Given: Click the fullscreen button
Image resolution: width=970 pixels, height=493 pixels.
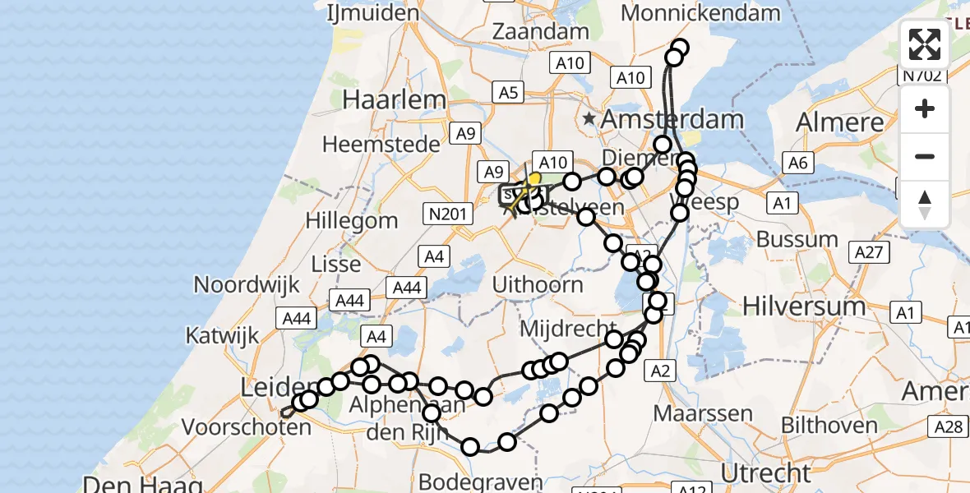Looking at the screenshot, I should click(925, 44).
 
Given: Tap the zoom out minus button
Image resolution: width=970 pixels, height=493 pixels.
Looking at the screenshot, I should click(925, 156).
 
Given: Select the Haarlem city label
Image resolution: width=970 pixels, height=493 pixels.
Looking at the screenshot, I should click(395, 99).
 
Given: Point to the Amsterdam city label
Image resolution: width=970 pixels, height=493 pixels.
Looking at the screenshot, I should click(672, 119).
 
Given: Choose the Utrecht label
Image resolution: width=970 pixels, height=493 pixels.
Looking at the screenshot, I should click(766, 472).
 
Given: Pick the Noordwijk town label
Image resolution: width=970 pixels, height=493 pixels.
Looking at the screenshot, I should click(243, 284).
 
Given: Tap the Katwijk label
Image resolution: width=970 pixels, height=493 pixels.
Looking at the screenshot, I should click(222, 335).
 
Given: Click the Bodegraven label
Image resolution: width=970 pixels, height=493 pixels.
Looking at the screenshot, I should click(480, 481).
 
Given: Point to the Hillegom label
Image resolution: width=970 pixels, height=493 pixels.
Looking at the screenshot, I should click(351, 220).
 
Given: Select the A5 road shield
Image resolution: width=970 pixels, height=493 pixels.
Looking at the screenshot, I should click(509, 93).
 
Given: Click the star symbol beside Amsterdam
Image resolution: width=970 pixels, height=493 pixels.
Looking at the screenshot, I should click(589, 119).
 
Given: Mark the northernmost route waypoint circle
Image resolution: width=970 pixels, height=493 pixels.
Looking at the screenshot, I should click(681, 47).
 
